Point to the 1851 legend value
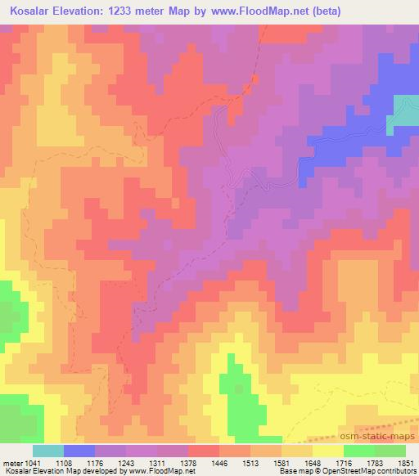(x=405, y=462)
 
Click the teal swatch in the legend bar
(x=48, y=451)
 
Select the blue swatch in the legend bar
(x=79, y=451)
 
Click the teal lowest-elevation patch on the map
(x=406, y=110)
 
